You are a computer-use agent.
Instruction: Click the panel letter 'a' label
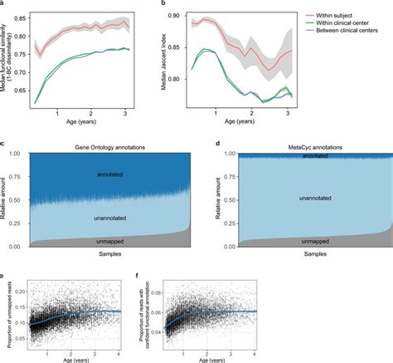[3, 4]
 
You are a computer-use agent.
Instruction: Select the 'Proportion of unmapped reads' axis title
[6, 312]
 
